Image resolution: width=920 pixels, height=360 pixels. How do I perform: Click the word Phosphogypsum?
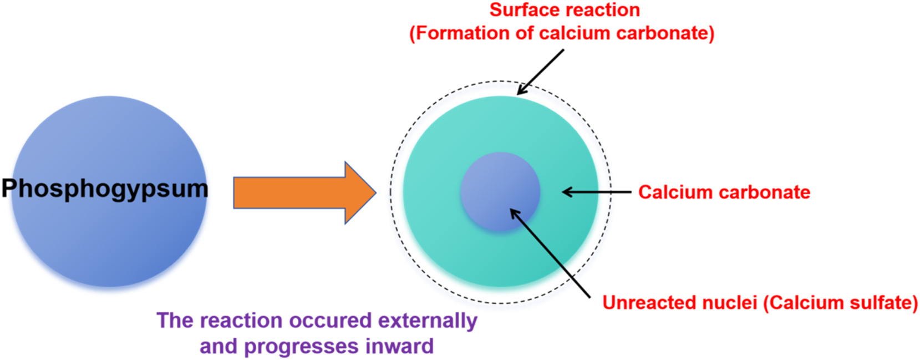tap(105, 189)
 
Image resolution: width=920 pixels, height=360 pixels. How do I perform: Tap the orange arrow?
tap(305, 192)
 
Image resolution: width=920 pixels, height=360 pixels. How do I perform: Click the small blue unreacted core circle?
tap(500, 192)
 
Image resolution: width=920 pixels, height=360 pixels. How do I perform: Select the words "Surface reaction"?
tap(565, 10)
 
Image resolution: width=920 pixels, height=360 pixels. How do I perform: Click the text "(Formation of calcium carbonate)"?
tap(562, 33)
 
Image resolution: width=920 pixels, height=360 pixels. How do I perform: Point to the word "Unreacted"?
tap(646, 302)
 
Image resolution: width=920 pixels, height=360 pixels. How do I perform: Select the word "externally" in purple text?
tap(428, 321)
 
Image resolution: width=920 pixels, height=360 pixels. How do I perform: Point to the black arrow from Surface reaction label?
tap(540, 72)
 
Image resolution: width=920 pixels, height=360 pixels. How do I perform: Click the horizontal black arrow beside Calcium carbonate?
tap(597, 192)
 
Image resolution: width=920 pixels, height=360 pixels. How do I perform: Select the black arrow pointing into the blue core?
tap(550, 253)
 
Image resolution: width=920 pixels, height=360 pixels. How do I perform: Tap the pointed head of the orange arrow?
tap(375, 192)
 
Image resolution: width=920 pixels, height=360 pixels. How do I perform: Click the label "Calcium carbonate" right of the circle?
tap(724, 192)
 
